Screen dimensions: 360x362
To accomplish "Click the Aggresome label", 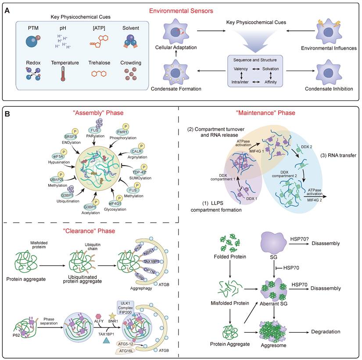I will click(272, 347).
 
